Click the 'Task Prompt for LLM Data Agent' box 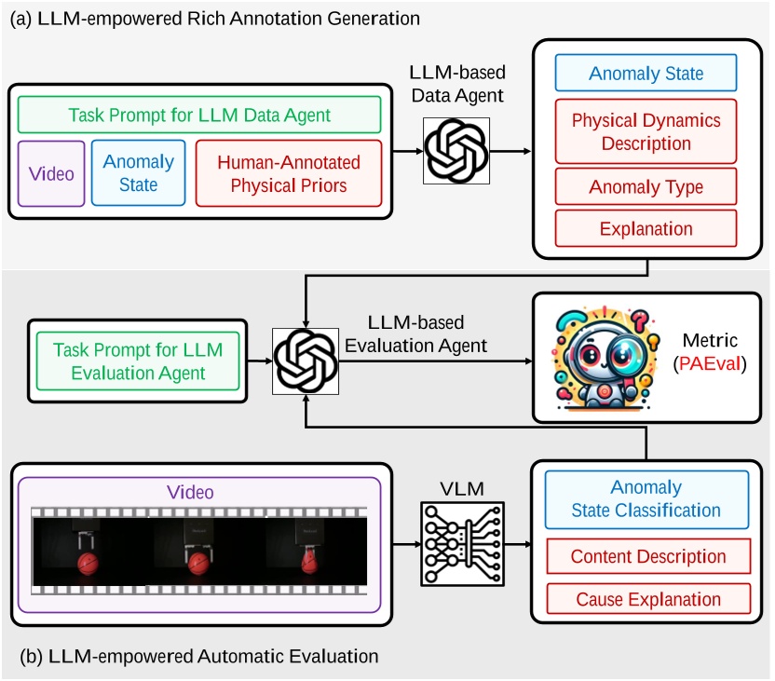click(199, 116)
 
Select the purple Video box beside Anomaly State click(51, 173)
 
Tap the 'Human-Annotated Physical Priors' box click(289, 173)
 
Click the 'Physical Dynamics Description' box click(646, 132)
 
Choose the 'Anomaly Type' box click(646, 187)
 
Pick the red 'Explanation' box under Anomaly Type click(646, 228)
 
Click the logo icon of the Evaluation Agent click(306, 361)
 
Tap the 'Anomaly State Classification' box click(646, 498)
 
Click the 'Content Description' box click(647, 557)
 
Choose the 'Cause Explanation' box click(647, 599)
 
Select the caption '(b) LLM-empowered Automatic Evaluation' click(199, 657)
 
